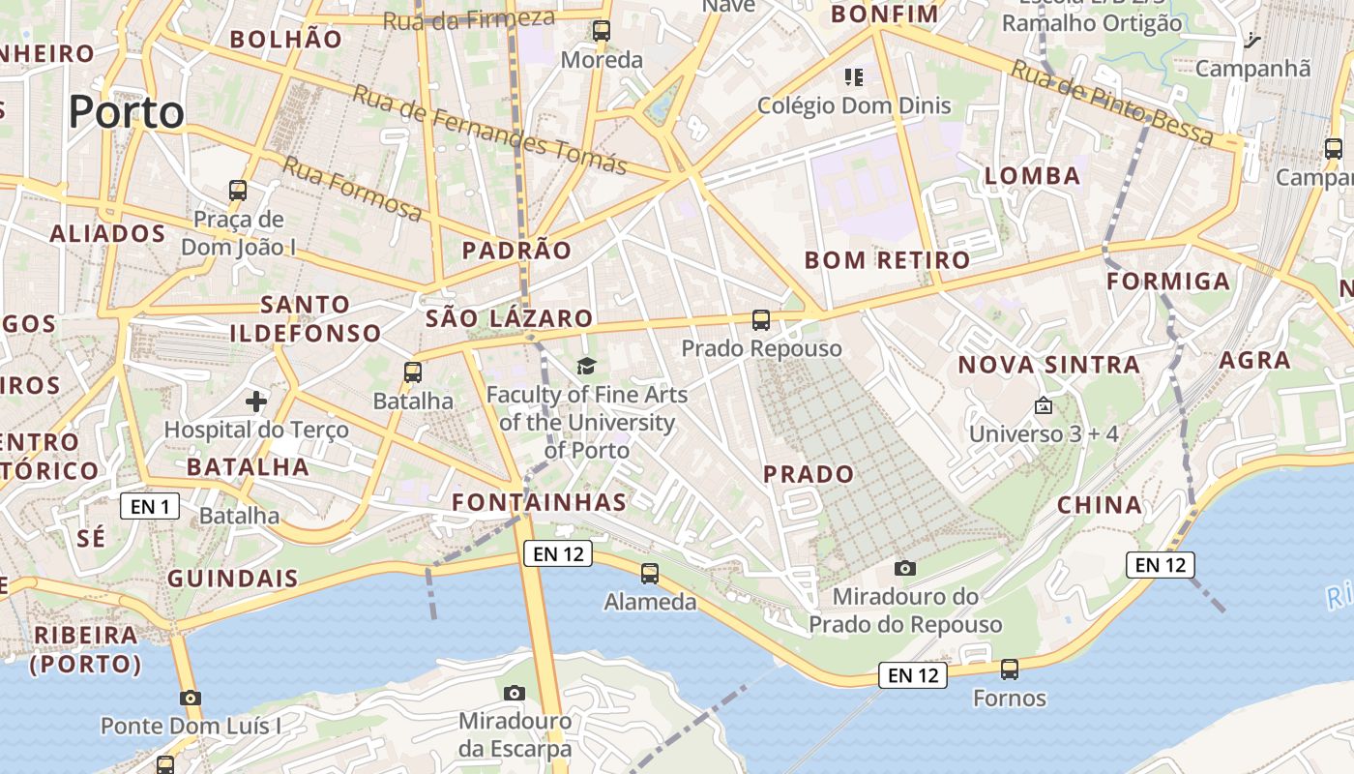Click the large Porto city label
tap(126, 112)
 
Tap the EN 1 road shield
tap(151, 505)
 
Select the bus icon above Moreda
tap(602, 31)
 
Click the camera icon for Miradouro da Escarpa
tap(515, 693)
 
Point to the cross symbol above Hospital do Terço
tap(256, 401)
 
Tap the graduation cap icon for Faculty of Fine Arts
tap(586, 366)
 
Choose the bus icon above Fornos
tap(1010, 669)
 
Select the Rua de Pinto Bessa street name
tap(1112, 103)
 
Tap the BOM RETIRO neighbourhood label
tap(887, 259)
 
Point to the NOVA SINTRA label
tap(1049, 365)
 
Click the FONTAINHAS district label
tap(540, 502)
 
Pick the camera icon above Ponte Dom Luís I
tap(191, 698)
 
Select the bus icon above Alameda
tap(650, 574)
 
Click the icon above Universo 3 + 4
tap(1043, 405)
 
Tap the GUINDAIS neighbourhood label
tap(233, 579)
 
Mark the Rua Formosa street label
tap(352, 189)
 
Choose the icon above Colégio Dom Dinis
tap(853, 76)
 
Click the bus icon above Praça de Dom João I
tap(238, 191)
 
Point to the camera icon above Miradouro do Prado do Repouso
tap(905, 568)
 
